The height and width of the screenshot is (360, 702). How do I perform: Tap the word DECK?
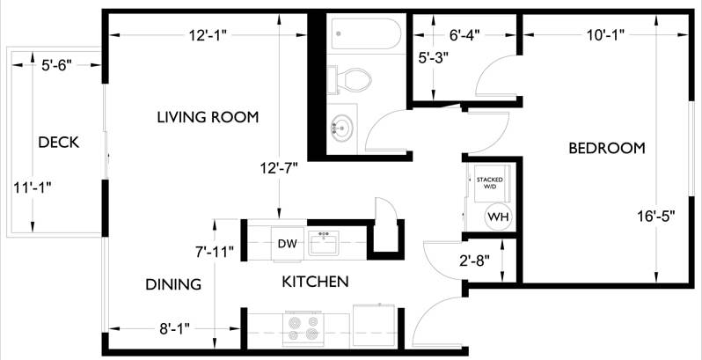click(58, 142)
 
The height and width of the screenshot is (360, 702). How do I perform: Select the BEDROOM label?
click(606, 148)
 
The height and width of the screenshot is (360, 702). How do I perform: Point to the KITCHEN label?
click(315, 282)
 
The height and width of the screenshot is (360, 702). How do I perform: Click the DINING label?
click(172, 284)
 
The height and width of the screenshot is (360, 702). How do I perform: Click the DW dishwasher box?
click(286, 244)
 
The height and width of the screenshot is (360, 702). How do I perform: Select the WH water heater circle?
click(497, 217)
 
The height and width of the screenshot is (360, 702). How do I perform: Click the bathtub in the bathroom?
click(365, 36)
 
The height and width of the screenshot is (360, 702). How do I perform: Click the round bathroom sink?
click(341, 129)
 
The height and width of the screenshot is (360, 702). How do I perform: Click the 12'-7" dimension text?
click(280, 167)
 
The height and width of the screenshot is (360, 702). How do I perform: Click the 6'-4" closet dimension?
click(465, 36)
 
